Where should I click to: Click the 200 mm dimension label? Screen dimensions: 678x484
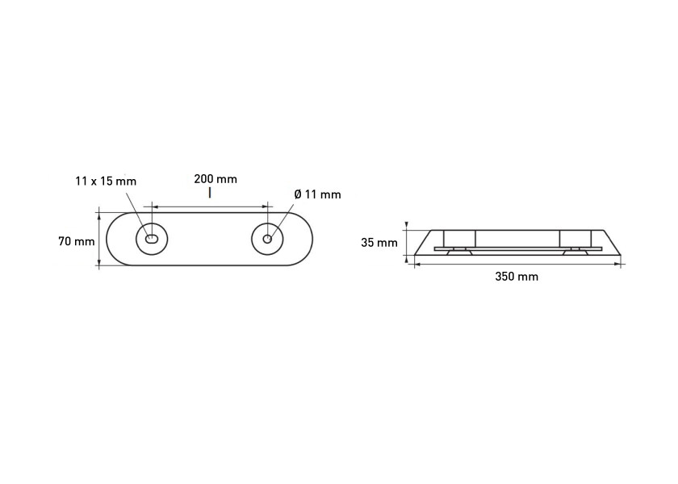[216, 179]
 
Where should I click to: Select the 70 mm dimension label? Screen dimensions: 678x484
[77, 241]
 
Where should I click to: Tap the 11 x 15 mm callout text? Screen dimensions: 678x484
[106, 181]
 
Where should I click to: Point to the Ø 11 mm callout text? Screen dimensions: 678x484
[317, 194]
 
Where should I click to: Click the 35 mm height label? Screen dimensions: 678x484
[379, 243]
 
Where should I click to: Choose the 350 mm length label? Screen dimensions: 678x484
[517, 276]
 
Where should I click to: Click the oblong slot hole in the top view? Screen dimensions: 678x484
[152, 239]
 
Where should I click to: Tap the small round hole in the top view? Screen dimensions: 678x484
[268, 239]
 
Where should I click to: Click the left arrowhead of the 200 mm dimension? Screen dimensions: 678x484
[155, 207]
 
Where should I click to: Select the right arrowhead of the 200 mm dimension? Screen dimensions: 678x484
[264, 207]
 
